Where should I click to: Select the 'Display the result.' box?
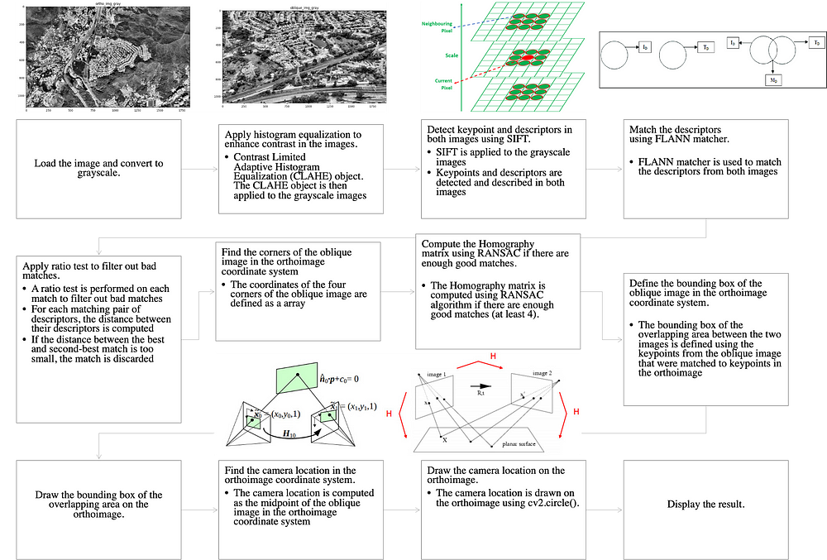(707, 504)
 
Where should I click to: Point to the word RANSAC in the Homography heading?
(478, 256)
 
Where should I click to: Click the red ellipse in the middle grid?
(527, 60)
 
